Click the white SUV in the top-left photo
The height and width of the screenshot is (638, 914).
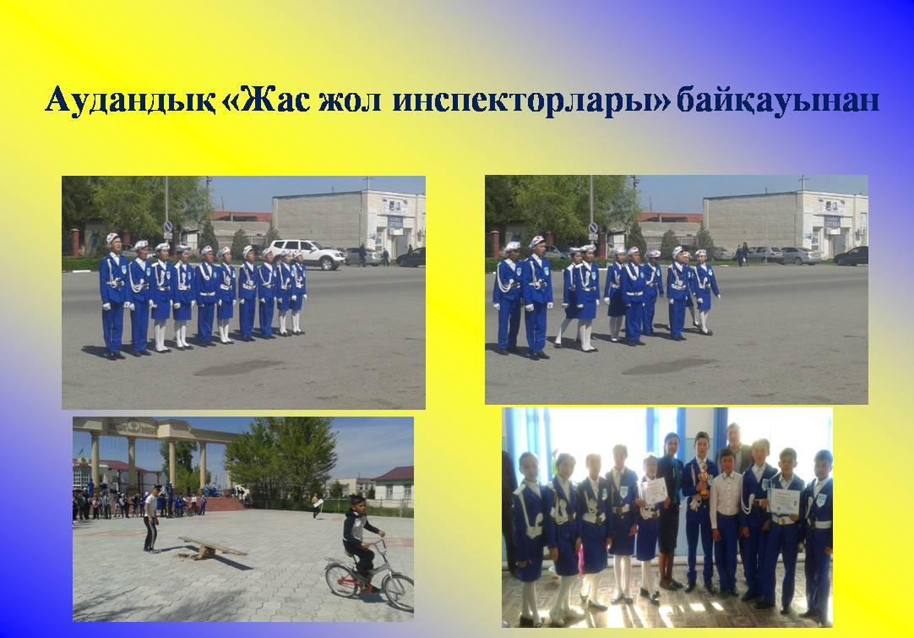307,254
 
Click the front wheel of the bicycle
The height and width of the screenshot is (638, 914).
399,592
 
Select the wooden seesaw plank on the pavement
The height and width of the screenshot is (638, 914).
212,546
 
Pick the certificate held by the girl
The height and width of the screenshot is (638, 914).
655,491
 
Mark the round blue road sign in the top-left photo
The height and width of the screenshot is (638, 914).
168,226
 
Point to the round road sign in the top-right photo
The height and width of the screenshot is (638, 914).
593,228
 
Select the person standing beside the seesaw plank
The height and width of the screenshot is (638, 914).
151,519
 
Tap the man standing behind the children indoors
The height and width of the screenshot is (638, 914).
734,449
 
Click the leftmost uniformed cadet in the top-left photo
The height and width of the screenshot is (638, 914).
113,296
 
